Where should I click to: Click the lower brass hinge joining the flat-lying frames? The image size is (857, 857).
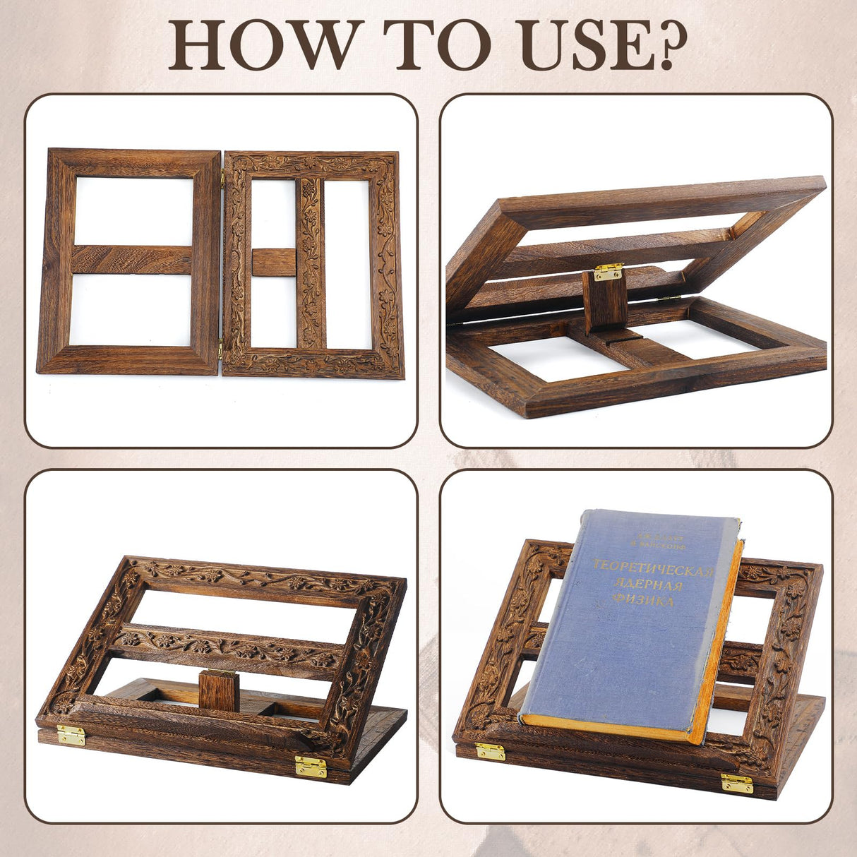pos(220,347)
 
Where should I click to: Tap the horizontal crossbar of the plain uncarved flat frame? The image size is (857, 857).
pos(131,259)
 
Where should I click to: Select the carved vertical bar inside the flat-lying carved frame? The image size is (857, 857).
pos(310,262)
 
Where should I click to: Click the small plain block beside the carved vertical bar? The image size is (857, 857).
pos(274,262)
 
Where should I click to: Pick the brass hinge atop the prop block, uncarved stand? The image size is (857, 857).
pos(608,271)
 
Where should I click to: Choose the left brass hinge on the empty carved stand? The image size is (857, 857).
pos(71,736)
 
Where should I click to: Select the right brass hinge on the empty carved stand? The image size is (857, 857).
pos(311,766)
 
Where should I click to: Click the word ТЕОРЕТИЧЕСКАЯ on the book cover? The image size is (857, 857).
pos(654,568)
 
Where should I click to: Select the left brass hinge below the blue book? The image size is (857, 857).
pos(490,751)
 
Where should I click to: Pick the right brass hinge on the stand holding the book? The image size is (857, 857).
pos(737,783)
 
